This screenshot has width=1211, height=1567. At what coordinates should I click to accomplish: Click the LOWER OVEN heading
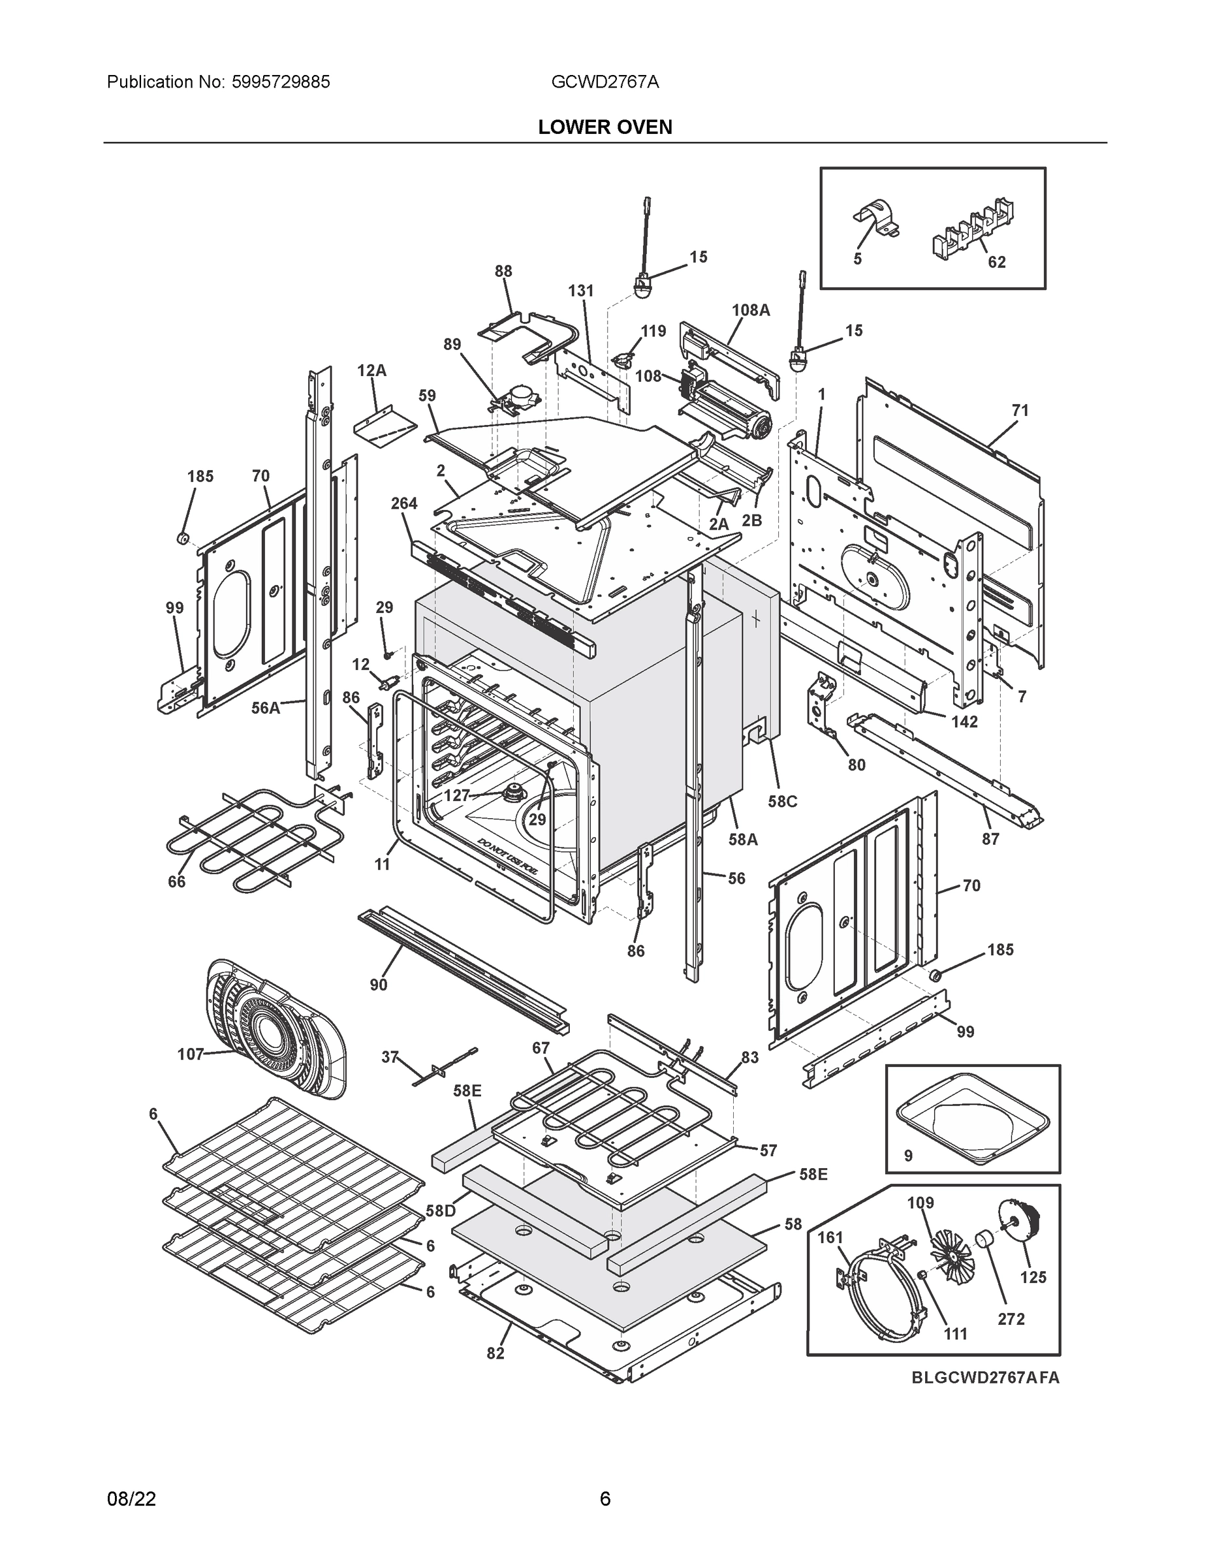click(605, 127)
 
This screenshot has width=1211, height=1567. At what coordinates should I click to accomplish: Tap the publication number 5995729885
click(281, 82)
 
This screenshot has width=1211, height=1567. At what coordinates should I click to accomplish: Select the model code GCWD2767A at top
click(605, 82)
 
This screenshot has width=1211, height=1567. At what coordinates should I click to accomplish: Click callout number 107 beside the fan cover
click(190, 1054)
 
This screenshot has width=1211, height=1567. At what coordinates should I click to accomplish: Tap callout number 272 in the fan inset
click(1011, 1319)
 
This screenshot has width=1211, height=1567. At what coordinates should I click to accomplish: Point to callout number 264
click(404, 503)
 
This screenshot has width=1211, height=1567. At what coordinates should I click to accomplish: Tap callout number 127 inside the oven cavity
click(456, 795)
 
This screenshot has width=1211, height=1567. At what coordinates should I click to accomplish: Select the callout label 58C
click(783, 801)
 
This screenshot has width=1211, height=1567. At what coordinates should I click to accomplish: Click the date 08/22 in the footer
click(131, 1498)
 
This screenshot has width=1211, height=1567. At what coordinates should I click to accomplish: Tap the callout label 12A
click(371, 370)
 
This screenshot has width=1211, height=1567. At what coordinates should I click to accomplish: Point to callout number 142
click(964, 721)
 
